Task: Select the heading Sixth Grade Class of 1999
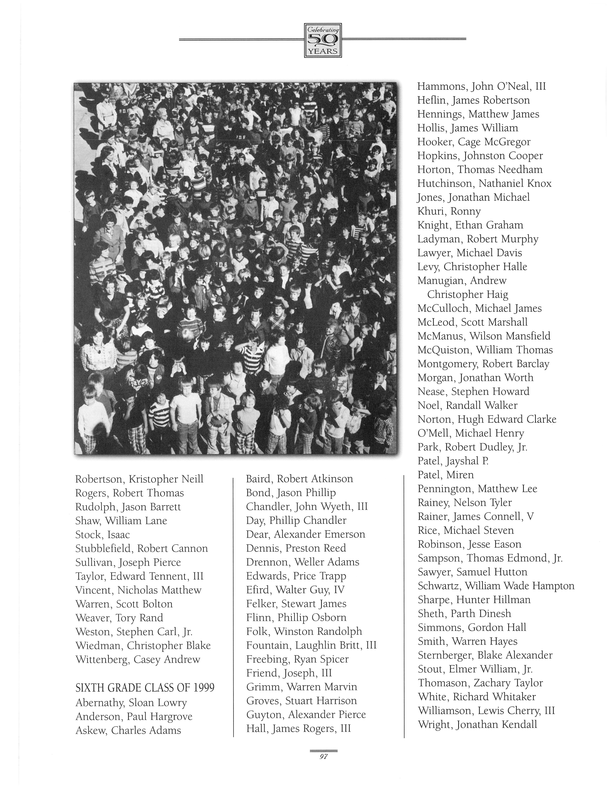pyautogui.click(x=145, y=688)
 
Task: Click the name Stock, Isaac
pyautogui.click(x=102, y=535)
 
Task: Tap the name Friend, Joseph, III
pyautogui.click(x=289, y=673)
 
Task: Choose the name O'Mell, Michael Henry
pyautogui.click(x=470, y=433)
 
